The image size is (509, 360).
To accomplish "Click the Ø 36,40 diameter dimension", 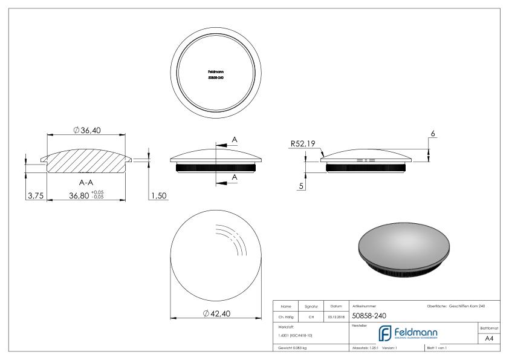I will (86, 131).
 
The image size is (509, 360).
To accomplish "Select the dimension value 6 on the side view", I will (433, 133).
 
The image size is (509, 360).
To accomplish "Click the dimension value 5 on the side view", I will (301, 186).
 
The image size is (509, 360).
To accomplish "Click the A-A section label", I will (85, 180).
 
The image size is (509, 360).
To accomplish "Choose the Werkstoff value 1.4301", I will (295, 335).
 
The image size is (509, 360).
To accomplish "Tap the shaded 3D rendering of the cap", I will (403, 249).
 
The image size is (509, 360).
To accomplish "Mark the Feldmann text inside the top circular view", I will (216, 71).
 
